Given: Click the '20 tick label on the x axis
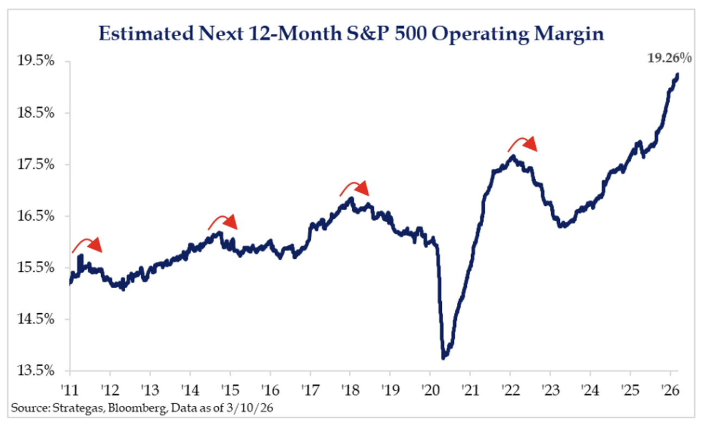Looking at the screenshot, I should [x=429, y=391].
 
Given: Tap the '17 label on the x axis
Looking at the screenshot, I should [x=310, y=391].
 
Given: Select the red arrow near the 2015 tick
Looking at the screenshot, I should [x=223, y=222].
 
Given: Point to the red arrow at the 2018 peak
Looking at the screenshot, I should [x=355, y=188].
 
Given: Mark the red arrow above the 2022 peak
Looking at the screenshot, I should [x=523, y=143].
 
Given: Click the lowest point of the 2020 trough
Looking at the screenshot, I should [x=444, y=357].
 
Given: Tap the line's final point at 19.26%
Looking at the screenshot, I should [x=677, y=75].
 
